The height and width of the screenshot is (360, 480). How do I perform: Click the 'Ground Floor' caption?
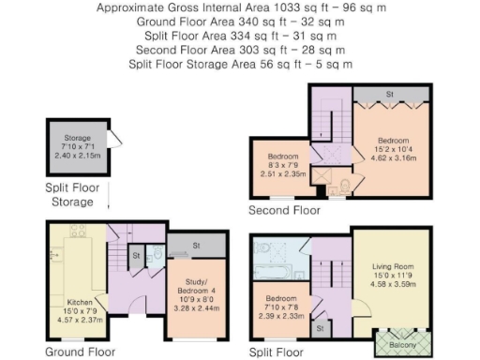point(79,352)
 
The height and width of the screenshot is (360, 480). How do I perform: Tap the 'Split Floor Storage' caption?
point(78,194)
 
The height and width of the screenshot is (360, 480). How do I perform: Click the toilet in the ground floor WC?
point(157,253)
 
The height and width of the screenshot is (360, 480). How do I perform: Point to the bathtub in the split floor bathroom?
point(277,249)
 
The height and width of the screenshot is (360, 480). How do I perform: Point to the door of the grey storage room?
point(112,142)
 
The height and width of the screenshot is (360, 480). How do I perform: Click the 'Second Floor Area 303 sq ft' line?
point(238,48)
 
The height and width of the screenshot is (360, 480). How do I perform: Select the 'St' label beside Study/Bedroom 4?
point(196,246)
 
